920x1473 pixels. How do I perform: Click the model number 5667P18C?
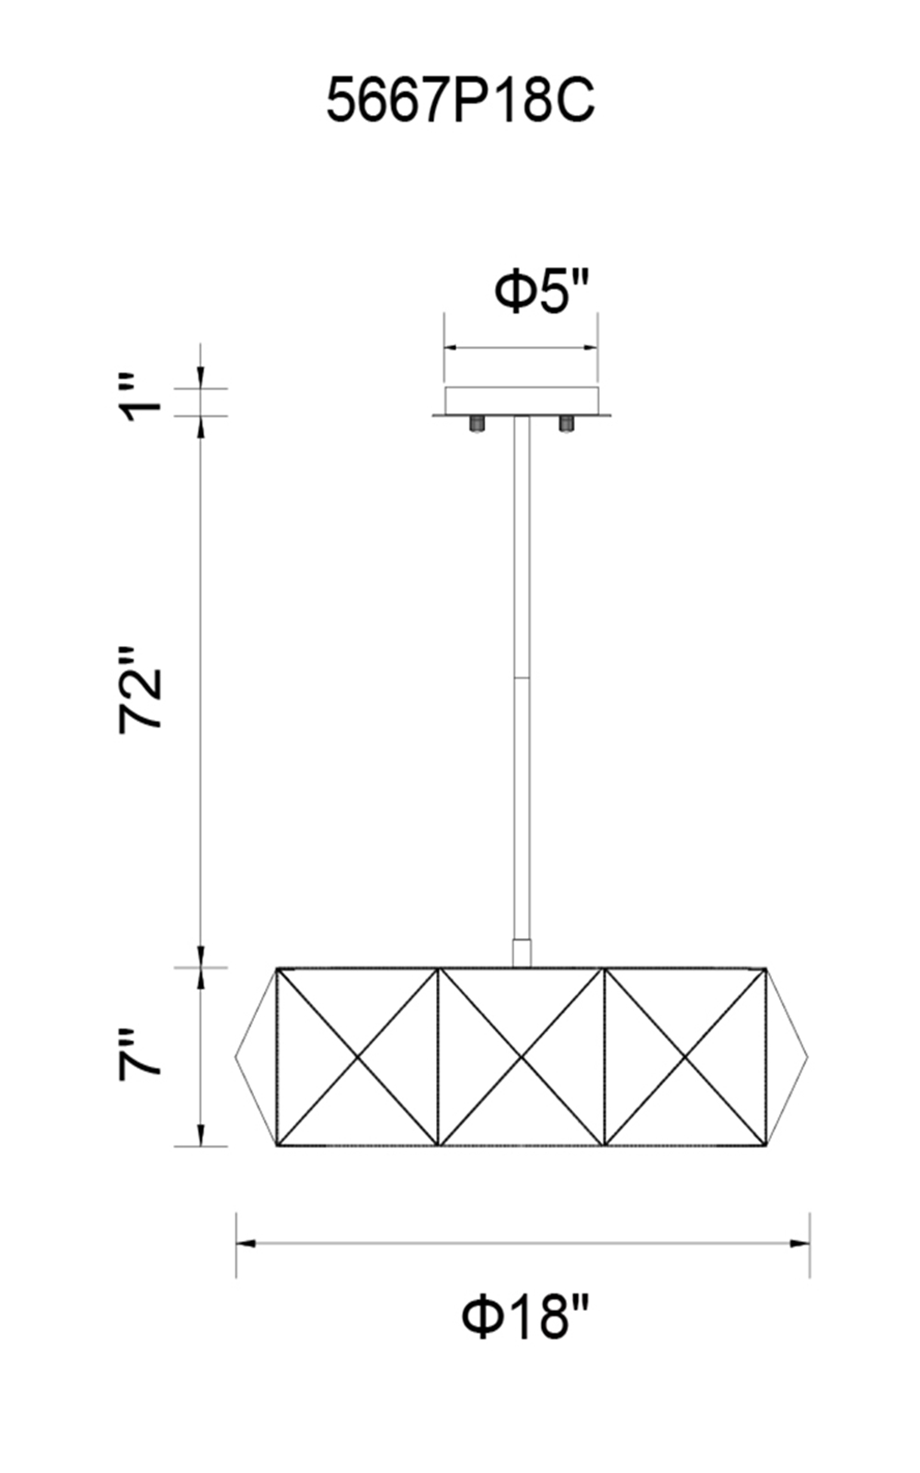pyautogui.click(x=460, y=100)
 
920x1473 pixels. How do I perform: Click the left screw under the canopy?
pyautogui.click(x=475, y=423)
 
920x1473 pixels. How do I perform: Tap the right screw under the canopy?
pyautogui.click(x=565, y=423)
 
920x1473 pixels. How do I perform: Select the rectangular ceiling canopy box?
pyautogui.click(x=522, y=401)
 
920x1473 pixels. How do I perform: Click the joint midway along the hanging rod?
pyautogui.click(x=521, y=678)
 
